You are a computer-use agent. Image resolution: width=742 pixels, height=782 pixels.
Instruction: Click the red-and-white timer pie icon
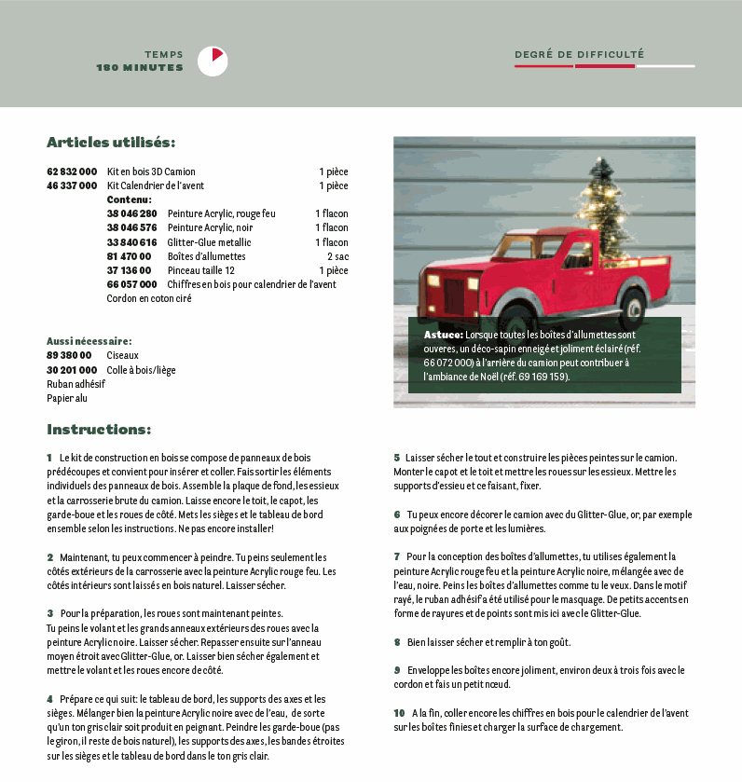(x=213, y=61)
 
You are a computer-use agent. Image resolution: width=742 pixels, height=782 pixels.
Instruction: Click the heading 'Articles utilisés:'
(x=111, y=143)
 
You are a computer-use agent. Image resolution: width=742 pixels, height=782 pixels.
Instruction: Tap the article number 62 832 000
(x=72, y=171)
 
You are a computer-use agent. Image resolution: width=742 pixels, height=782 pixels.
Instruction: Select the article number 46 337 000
(x=72, y=185)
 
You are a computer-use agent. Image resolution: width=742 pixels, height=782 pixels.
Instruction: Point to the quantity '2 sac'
(x=337, y=256)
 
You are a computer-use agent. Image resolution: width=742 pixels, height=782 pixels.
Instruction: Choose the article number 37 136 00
(x=129, y=270)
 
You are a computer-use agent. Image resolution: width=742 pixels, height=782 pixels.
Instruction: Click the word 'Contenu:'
(x=129, y=199)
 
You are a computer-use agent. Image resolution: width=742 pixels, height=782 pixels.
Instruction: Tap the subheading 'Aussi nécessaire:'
(x=89, y=341)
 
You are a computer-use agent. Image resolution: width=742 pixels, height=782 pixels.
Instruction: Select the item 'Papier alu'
(x=66, y=398)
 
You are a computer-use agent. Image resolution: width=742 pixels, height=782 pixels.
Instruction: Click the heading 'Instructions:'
(x=99, y=430)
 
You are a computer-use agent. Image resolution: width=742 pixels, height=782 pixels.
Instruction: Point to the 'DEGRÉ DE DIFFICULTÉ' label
(x=579, y=54)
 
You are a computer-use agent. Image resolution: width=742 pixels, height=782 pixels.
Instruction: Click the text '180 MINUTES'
(x=140, y=67)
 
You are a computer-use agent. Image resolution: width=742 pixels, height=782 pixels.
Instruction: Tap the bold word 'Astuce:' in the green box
(x=443, y=334)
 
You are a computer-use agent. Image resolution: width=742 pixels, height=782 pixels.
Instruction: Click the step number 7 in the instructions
(x=396, y=556)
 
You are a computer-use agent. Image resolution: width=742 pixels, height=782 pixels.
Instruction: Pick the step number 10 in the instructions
(x=399, y=713)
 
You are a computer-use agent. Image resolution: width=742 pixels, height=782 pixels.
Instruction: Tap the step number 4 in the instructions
(x=49, y=699)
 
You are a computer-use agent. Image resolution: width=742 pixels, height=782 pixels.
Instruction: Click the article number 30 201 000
(x=69, y=370)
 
